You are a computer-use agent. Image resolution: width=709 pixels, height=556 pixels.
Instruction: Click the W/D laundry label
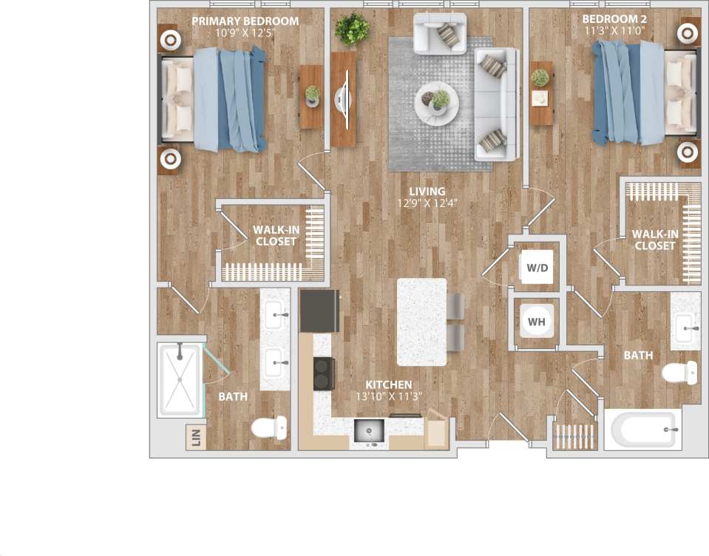pyautogui.click(x=537, y=268)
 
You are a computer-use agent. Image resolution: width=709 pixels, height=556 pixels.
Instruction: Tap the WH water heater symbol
pyautogui.click(x=537, y=322)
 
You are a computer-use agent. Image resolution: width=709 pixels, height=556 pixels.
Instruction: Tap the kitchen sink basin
pyautogui.click(x=367, y=430)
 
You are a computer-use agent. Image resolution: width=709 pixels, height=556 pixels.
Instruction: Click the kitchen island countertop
pyautogui.click(x=421, y=322)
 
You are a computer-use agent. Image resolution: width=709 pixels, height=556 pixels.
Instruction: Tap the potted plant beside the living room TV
pyautogui.click(x=352, y=29)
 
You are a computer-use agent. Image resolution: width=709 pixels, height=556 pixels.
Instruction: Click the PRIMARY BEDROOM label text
pyautogui.click(x=245, y=21)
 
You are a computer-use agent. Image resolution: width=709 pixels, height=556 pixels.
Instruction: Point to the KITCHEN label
pyautogui.click(x=389, y=385)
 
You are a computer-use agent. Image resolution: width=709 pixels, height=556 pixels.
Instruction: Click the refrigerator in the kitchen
pyautogui.click(x=319, y=311)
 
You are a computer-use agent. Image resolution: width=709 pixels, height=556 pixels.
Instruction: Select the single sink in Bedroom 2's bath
pyautogui.click(x=685, y=321)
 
